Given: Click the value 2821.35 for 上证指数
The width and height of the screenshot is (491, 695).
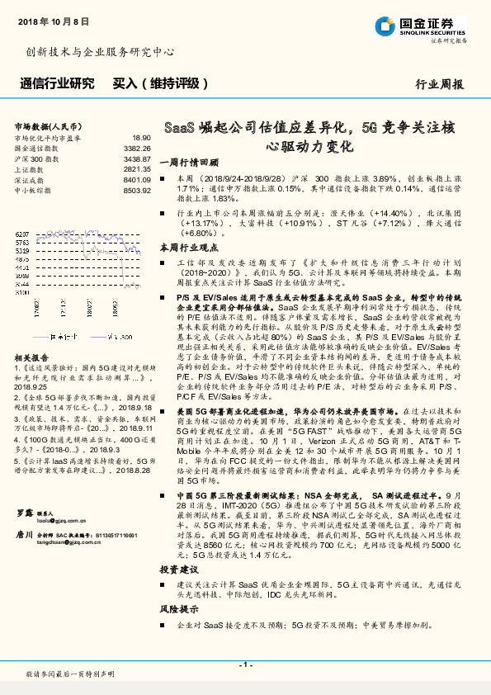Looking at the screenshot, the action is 137,168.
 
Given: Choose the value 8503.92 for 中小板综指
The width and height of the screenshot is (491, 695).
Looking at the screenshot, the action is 137,189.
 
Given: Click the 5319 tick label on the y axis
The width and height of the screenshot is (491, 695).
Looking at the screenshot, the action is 22,250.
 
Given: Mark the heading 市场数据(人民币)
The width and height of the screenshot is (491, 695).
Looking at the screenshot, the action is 49,125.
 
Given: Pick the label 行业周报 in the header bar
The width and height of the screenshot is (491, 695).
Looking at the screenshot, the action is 439,84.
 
